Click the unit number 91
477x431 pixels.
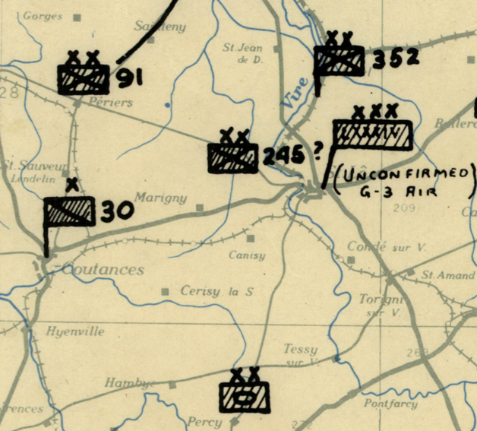(130, 78)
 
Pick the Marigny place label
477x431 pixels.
(160, 198)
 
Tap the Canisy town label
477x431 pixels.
(247, 255)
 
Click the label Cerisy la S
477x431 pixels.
(216, 291)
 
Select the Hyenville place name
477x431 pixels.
(74, 331)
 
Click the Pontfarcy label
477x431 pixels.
(390, 403)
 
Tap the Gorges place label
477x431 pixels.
(42, 16)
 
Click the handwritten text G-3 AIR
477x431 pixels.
(400, 192)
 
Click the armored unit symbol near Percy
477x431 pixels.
(245, 396)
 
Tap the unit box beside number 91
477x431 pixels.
(83, 78)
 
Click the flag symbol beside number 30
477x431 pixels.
(68, 212)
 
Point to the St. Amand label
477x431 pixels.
(438, 274)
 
